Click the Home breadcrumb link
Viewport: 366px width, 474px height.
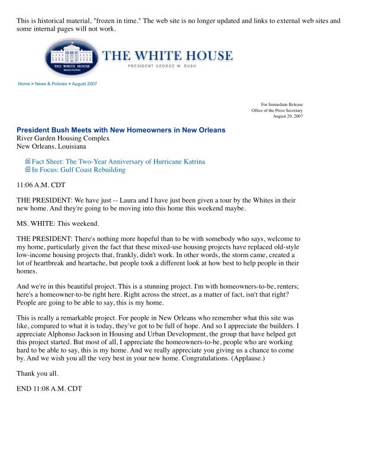24,84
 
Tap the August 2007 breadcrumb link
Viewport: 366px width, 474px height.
85,84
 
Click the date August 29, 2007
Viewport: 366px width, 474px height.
288,116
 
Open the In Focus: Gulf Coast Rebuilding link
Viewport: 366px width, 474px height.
79,170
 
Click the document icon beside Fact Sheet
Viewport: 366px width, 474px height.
27,161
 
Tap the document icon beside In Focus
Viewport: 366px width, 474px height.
27,170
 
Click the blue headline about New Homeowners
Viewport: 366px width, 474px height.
121,130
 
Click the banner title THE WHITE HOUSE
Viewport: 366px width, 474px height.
168,56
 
